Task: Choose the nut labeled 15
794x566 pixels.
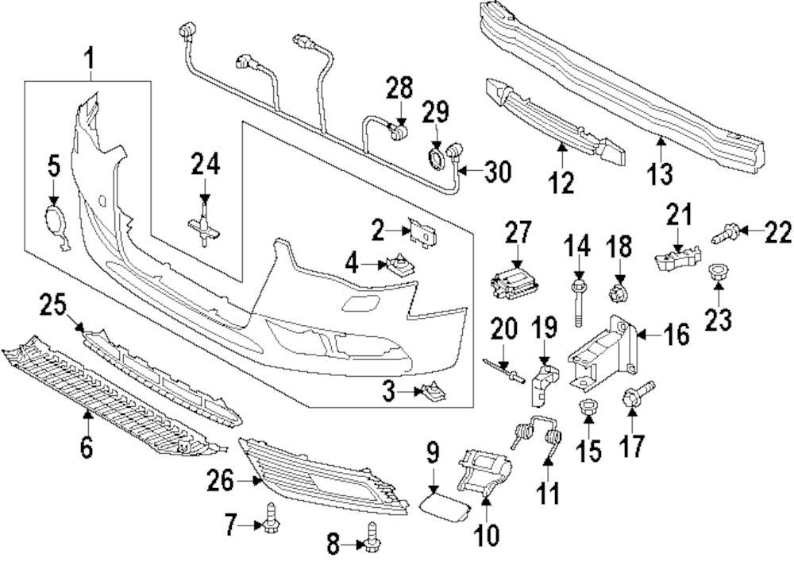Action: click(588, 409)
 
